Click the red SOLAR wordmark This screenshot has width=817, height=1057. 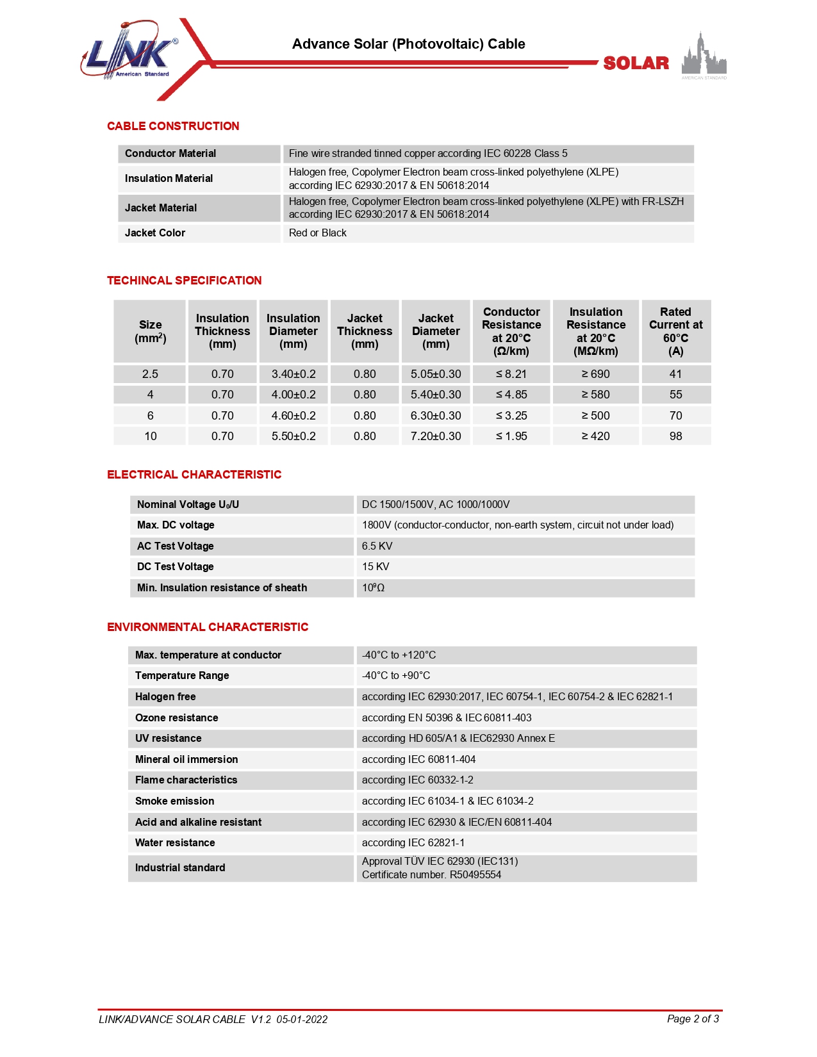(636, 63)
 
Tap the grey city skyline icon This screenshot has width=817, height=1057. (704, 56)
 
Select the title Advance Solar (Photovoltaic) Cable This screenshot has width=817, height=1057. (408, 44)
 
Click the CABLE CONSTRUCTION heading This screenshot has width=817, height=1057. (173, 126)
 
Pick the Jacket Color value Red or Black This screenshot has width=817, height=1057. (317, 233)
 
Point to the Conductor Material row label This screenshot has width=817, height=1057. (170, 154)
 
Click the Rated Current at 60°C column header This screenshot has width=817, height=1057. (675, 331)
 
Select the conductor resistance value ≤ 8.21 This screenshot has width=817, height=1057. (511, 374)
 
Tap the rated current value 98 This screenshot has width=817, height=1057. (675, 436)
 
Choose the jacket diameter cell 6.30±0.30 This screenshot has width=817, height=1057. (436, 416)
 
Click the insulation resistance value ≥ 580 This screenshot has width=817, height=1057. (595, 395)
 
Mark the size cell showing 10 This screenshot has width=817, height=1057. (150, 436)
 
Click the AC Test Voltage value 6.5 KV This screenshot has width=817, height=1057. (377, 546)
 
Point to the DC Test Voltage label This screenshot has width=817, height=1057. (176, 567)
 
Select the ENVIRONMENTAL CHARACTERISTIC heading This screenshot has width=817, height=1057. (208, 627)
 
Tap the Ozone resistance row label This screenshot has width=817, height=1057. (177, 717)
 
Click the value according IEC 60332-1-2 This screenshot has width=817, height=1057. (417, 780)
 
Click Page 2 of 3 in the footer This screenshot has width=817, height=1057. (693, 1019)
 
